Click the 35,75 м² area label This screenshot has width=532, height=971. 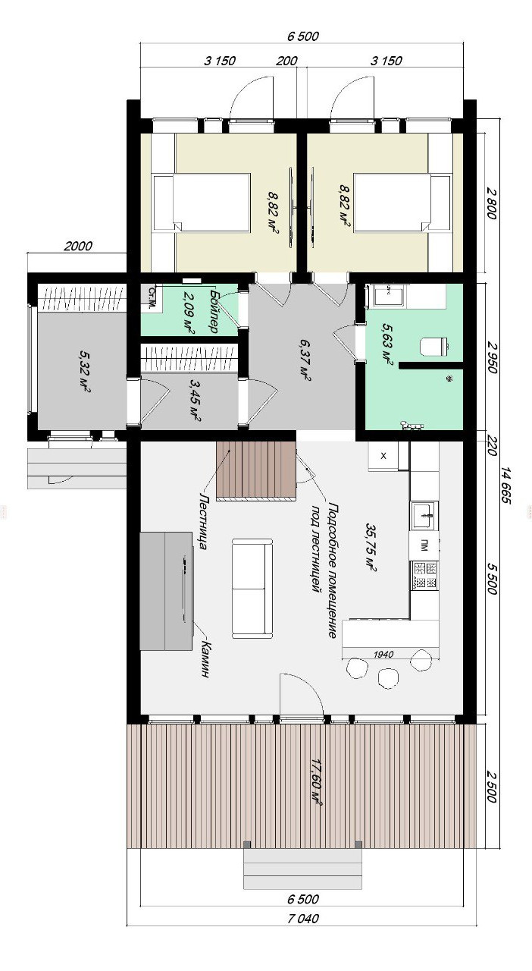click(x=371, y=547)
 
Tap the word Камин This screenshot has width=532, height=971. click(x=207, y=659)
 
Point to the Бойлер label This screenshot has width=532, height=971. click(x=214, y=311)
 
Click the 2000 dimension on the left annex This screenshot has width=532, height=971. click(x=78, y=247)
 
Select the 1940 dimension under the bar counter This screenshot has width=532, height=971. click(x=383, y=654)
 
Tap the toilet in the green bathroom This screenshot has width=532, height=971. click(x=433, y=347)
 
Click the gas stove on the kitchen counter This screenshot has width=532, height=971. click(x=424, y=575)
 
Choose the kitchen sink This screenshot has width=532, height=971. click(x=424, y=515)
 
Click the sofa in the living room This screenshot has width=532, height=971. click(x=252, y=588)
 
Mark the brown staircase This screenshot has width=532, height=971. click(x=256, y=471)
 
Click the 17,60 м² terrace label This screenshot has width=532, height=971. click(x=316, y=782)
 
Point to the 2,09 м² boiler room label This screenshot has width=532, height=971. click(x=189, y=313)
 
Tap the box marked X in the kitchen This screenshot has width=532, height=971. click(x=383, y=456)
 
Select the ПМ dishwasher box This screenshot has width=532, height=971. click(x=424, y=547)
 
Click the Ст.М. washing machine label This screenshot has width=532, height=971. click(x=152, y=297)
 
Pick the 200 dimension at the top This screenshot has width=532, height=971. click(x=286, y=61)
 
